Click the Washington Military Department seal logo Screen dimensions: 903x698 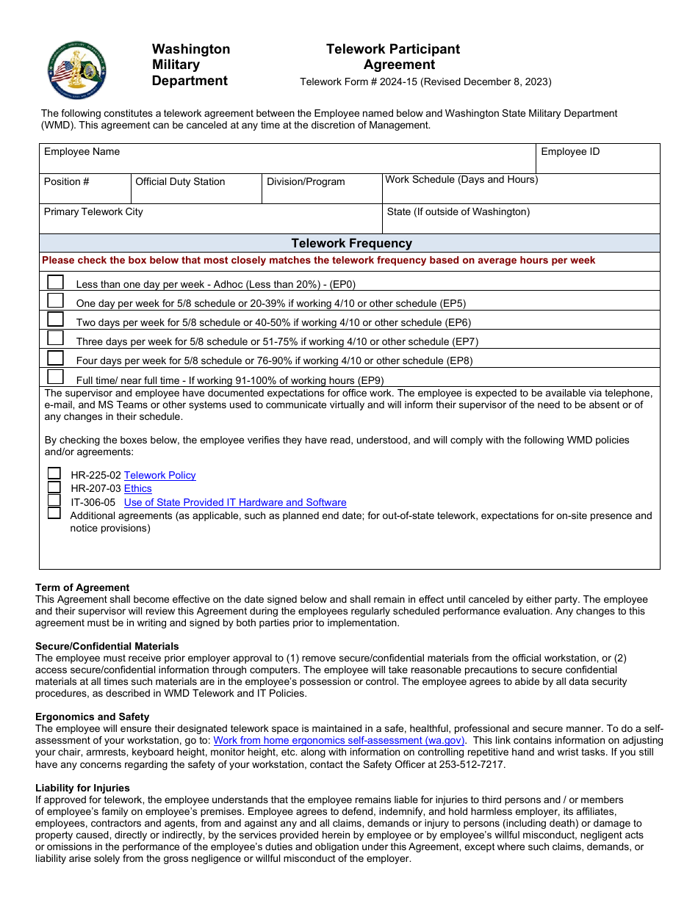coord(77,70)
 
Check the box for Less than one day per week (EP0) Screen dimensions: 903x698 coord(55,282)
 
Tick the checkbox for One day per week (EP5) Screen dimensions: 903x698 coord(55,300)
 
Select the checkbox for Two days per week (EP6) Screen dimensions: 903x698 coord(55,319)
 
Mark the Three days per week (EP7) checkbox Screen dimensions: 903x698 coord(55,338)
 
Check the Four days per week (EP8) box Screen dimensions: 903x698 coord(55,358)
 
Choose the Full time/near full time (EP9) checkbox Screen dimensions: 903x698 coord(55,377)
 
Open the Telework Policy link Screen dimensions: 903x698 coord(159,475)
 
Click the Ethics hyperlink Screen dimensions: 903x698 coord(137,488)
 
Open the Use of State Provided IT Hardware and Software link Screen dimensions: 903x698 coord(235,502)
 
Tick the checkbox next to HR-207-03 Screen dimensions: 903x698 coord(54,487)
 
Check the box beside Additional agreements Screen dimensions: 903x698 coord(54,513)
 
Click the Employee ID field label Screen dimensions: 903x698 coord(570,151)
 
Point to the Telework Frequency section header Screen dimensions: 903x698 coord(351,243)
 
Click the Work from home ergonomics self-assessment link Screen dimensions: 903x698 coord(339,741)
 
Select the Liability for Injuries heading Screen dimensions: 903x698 coord(82,788)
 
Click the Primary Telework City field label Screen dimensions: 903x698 coord(93,211)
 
